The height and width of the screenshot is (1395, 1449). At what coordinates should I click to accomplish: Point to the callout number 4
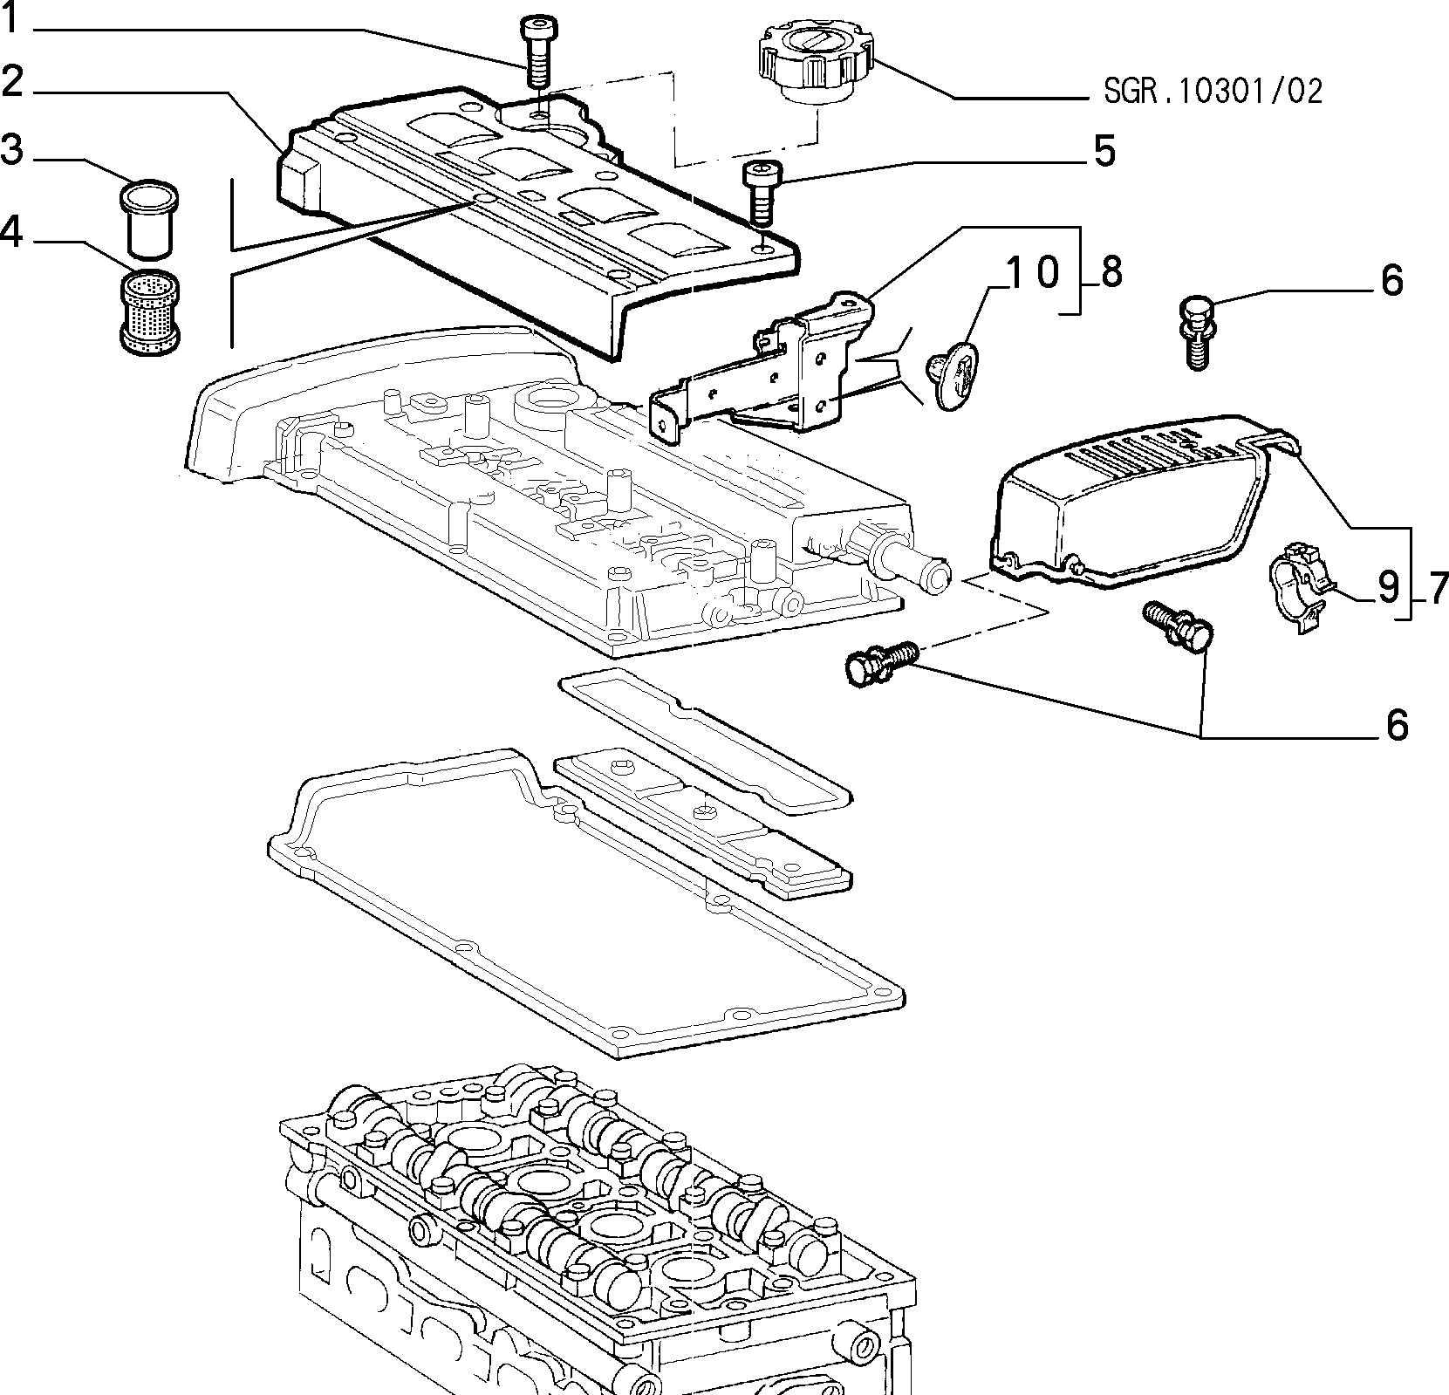coord(11,233)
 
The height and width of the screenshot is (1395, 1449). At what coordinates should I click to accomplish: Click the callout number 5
coord(1104,152)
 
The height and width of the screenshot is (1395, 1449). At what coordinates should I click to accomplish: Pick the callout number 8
coord(1111,273)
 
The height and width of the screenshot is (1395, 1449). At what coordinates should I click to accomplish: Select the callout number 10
coord(1034,273)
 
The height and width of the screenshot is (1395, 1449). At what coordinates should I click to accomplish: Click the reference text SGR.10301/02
coord(1213,90)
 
